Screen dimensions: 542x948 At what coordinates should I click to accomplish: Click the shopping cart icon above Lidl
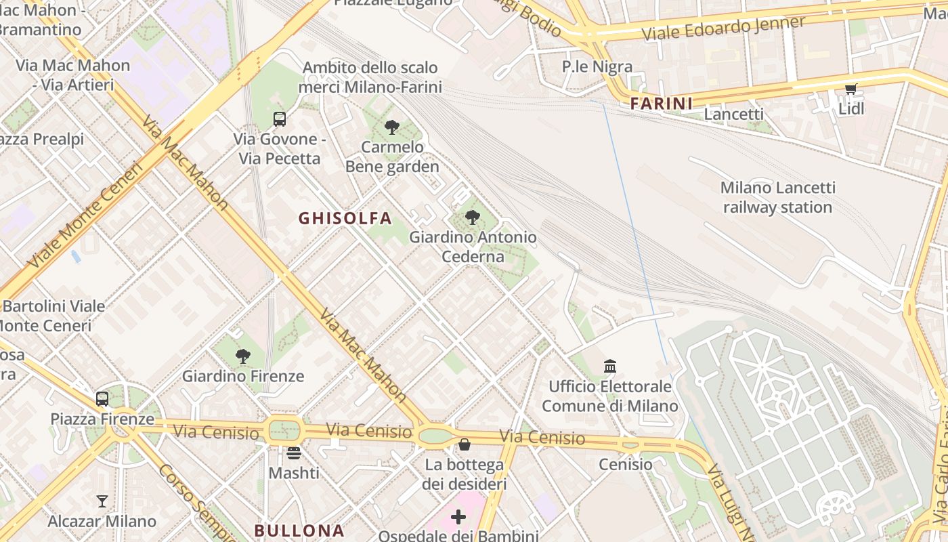851,89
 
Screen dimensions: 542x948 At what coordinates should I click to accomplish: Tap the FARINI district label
662,104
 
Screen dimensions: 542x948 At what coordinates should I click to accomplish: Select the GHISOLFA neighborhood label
345,218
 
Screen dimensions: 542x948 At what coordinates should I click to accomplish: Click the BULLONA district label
299,530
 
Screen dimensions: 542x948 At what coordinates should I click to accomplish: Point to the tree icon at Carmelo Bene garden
391,127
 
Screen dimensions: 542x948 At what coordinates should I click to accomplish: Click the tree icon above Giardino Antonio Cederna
473,217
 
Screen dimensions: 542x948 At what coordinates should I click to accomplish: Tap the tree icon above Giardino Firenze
243,356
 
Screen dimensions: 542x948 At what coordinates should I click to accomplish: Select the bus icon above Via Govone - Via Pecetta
279,119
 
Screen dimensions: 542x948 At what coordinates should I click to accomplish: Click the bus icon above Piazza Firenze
102,399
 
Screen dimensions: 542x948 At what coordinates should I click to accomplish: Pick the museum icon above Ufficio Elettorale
610,367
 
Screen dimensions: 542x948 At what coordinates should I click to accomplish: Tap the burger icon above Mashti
294,453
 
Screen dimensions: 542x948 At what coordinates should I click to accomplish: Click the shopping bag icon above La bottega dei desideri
465,445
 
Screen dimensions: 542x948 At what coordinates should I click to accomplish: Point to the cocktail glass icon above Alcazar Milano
102,501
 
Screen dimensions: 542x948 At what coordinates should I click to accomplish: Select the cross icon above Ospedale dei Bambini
458,518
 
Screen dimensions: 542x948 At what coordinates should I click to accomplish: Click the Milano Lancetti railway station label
777,197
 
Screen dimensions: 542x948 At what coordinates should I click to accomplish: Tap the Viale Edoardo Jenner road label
723,28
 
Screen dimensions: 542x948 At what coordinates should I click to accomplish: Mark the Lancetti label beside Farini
734,114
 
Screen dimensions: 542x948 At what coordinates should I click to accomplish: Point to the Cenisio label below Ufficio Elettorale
626,464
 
